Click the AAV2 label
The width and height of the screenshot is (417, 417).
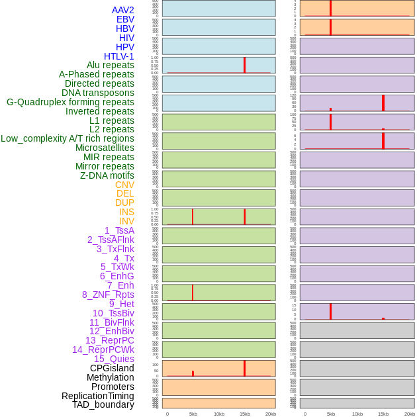coord(123,10)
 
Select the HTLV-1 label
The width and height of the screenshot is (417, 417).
coord(119,56)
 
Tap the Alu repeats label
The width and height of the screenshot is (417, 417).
coord(110,65)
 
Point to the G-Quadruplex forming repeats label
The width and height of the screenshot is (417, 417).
coord(70,102)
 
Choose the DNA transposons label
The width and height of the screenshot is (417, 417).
coord(98,93)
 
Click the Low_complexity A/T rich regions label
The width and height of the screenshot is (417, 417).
coord(68,138)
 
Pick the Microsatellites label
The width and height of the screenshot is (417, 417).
coord(105,148)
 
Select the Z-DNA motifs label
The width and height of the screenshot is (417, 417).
coord(107,175)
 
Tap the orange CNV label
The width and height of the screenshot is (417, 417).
coord(124,185)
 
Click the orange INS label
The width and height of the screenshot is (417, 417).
coord(126,212)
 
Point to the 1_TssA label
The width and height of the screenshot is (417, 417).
coord(119,230)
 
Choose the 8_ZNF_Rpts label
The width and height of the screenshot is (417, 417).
coord(108,295)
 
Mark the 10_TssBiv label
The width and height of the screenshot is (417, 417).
coord(113,313)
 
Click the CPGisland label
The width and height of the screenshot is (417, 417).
coord(112,368)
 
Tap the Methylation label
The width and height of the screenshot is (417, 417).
coord(111,377)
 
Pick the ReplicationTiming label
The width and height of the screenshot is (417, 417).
coord(98,396)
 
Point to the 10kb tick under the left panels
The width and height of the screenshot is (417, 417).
coord(219,414)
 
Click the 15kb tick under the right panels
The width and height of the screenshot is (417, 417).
coord(383,414)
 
